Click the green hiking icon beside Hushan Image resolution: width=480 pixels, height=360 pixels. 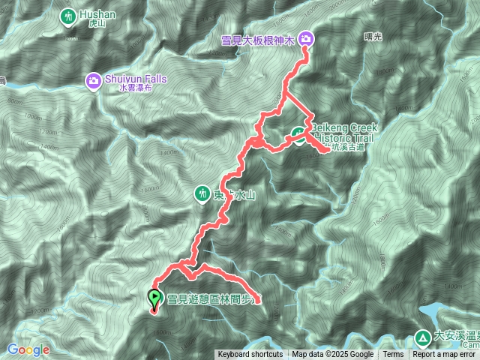pos(68,16)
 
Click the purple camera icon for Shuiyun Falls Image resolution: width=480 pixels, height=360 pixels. pos(94,79)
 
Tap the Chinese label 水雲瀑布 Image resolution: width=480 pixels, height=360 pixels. pos(135,88)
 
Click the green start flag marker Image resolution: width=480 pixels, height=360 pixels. pos(154,299)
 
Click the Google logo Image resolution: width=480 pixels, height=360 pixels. pos(28,349)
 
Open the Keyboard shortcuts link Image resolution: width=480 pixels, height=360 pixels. pos(250,355)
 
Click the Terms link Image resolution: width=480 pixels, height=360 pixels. pos(393,355)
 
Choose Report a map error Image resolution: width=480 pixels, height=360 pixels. pos(445,355)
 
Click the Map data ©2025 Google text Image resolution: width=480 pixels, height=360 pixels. pos(332,355)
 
